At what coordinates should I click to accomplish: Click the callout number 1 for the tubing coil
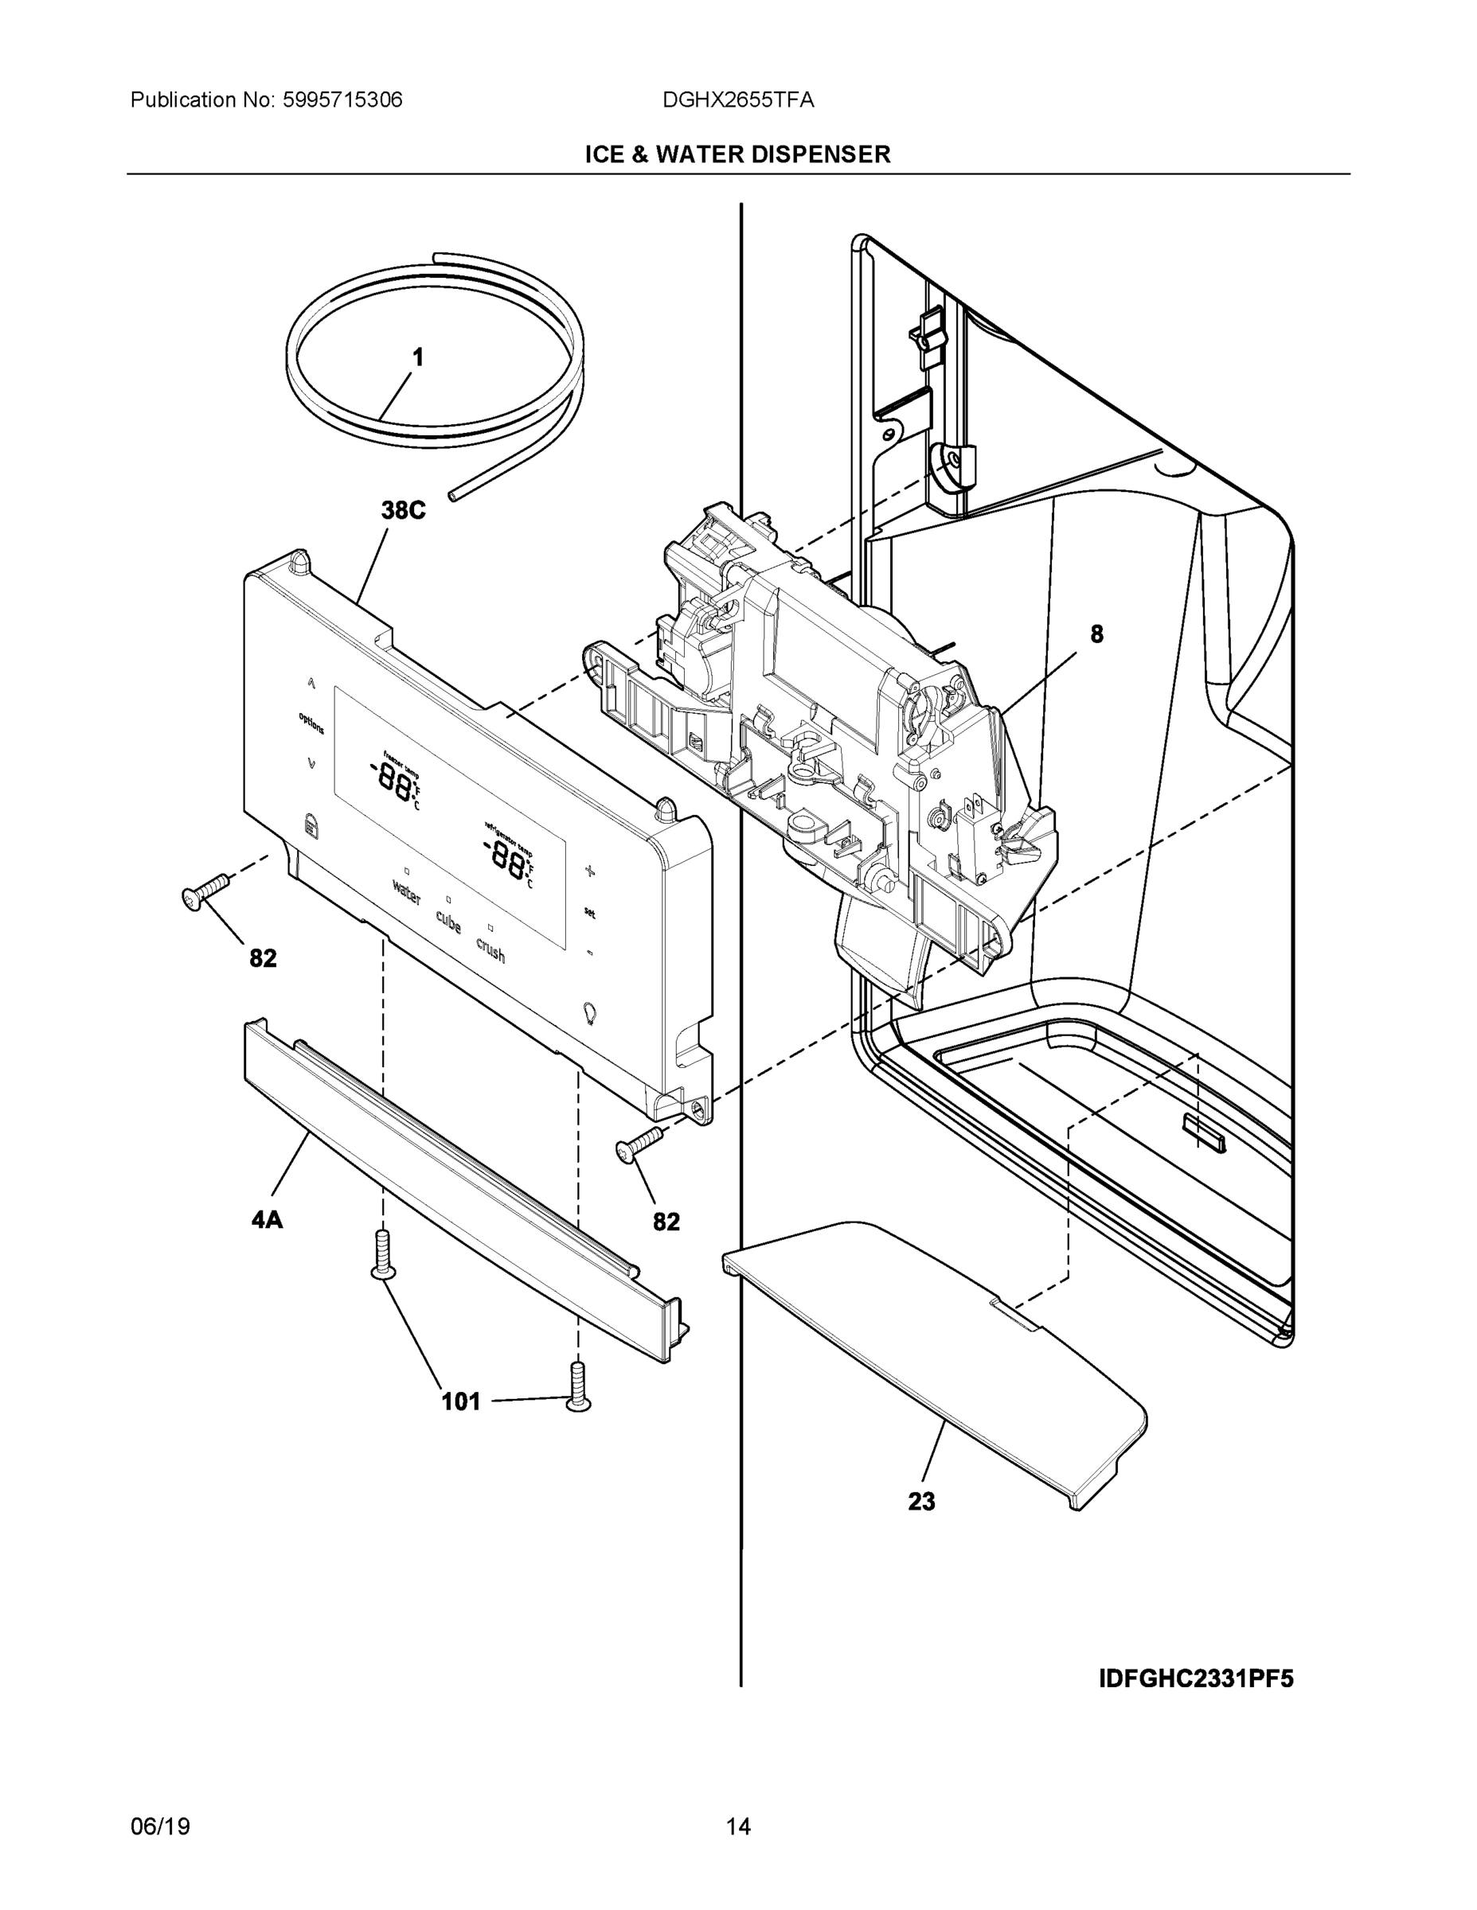(417, 357)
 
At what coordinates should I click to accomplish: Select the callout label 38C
(403, 511)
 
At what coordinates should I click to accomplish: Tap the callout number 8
(1096, 634)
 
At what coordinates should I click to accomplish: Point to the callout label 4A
(267, 1219)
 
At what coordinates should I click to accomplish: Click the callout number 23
(921, 1502)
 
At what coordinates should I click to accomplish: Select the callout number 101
(460, 1402)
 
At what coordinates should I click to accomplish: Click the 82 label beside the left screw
(263, 958)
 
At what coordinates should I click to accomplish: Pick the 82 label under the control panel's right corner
(666, 1222)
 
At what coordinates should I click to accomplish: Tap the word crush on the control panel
(490, 949)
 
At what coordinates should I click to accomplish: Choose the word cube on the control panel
(448, 921)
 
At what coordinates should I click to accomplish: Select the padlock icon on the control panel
(309, 824)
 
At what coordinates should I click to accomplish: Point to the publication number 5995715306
(342, 100)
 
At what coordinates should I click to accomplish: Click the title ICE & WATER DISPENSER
(737, 155)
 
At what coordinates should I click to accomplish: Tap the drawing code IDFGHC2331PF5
(1195, 1679)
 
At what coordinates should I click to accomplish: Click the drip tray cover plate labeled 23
(936, 1347)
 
